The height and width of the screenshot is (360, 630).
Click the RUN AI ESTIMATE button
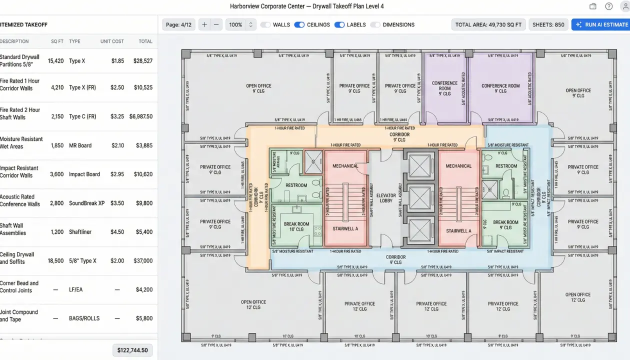(x=600, y=24)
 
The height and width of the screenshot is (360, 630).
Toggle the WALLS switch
(x=265, y=24)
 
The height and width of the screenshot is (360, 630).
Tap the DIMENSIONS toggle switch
(x=375, y=24)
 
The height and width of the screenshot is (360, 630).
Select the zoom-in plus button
(x=204, y=24)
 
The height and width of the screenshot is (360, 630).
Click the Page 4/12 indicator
(x=179, y=24)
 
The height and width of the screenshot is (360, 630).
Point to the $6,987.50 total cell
(x=140, y=116)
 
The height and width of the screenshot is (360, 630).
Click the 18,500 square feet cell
(x=55, y=261)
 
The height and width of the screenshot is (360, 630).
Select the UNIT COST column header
(x=112, y=41)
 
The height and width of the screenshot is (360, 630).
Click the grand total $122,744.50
(x=132, y=350)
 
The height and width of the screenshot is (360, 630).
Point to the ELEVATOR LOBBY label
(x=386, y=198)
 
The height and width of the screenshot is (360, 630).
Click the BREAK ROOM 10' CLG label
(x=296, y=226)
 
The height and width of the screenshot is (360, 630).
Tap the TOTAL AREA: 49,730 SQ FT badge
(x=488, y=24)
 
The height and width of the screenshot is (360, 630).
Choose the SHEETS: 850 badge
(x=548, y=24)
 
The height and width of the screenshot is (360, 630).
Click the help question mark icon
(x=608, y=6)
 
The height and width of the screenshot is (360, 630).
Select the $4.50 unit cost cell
(x=117, y=232)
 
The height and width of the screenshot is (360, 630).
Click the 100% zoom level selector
(x=240, y=24)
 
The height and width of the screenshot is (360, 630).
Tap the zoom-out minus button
(x=216, y=24)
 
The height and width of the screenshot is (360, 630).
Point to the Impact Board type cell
(x=84, y=174)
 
